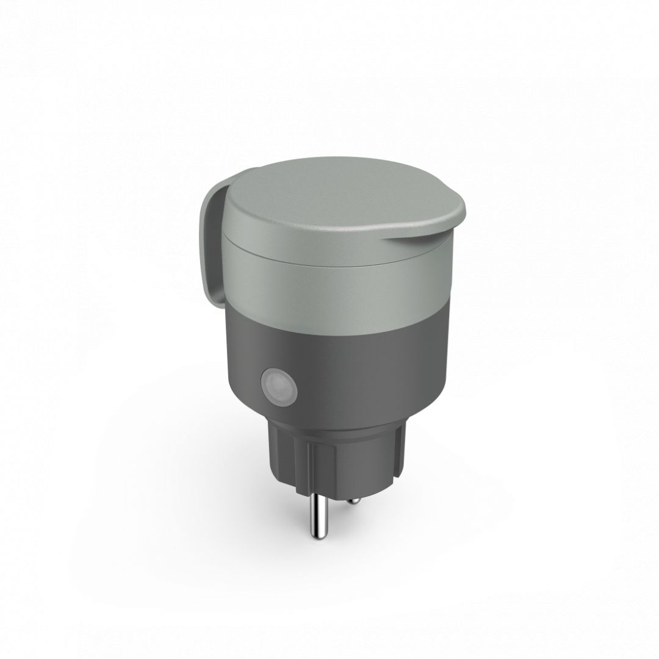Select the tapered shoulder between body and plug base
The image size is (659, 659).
342,421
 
